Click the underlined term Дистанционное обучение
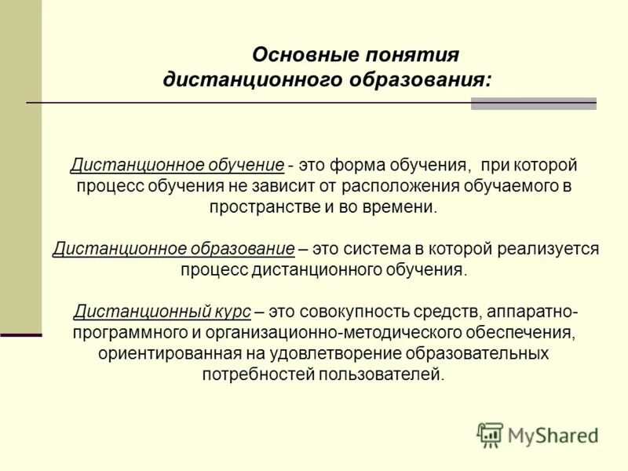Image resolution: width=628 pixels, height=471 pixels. (177, 166)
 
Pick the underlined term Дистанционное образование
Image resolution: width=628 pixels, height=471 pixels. (173, 249)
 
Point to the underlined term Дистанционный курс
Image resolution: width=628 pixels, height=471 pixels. (162, 312)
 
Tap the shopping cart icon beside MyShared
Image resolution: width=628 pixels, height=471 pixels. (490, 434)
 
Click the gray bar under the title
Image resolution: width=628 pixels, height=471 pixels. (533, 104)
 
